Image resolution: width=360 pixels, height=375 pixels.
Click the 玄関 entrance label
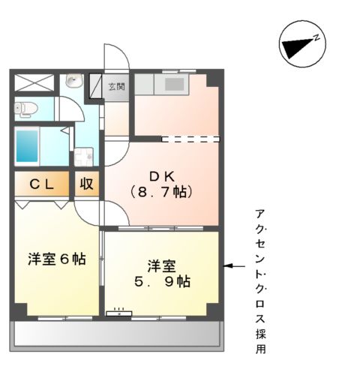point(117,85)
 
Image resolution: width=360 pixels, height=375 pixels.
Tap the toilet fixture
point(25,108)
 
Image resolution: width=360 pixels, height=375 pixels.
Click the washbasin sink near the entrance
point(73,81)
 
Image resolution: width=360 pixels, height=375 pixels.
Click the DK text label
point(160,176)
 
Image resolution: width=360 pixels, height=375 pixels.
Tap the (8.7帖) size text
point(160,193)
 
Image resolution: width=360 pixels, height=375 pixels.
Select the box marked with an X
point(34,82)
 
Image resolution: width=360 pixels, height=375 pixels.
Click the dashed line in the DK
point(190,139)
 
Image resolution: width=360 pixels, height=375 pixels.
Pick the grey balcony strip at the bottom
point(116,334)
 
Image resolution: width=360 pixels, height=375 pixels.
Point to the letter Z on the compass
point(317,37)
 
